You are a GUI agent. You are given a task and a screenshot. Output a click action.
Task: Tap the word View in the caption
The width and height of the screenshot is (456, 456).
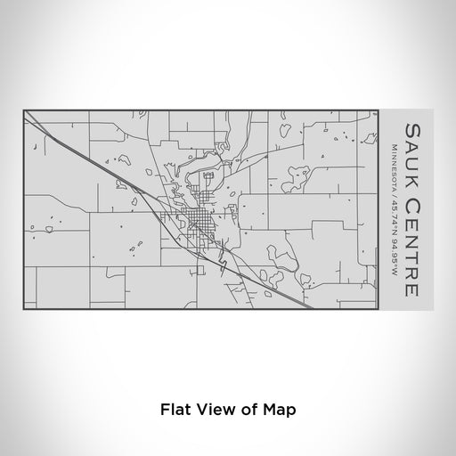216,411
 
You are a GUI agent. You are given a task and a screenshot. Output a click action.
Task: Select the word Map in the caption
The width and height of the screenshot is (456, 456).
280,411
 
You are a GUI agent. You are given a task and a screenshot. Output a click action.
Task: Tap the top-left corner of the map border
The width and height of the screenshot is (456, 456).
25,110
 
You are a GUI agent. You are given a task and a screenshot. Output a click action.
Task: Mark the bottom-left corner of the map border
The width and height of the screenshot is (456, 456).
25,310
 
